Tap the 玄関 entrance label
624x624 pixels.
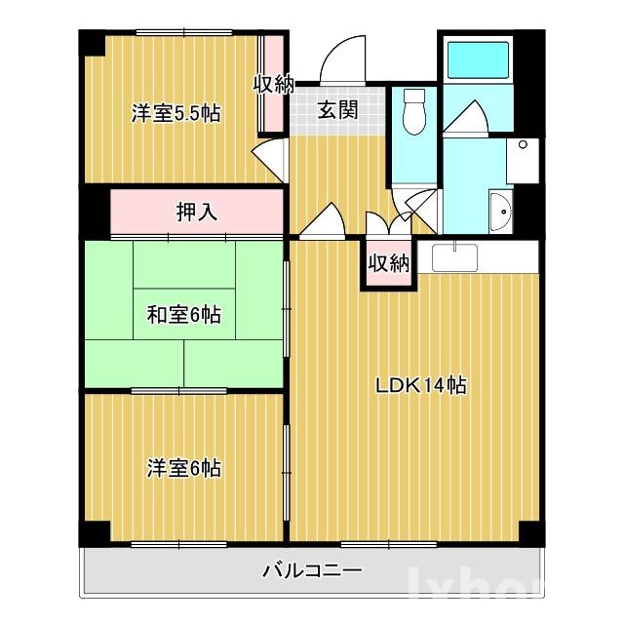(336, 109)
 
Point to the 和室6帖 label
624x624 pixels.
(183, 315)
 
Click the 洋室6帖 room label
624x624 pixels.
(183, 469)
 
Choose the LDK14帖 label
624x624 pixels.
(421, 385)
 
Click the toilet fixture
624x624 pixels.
(413, 112)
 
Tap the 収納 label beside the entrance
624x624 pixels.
(274, 84)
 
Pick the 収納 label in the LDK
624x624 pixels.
(388, 262)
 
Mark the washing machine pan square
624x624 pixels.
(523, 159)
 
